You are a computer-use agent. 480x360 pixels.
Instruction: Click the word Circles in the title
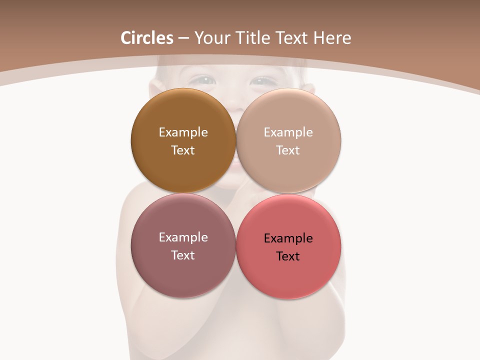tap(147, 38)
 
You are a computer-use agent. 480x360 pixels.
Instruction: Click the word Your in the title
tap(212, 38)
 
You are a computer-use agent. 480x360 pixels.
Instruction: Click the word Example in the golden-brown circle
tap(183, 132)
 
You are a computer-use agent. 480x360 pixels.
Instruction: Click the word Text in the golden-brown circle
tap(183, 150)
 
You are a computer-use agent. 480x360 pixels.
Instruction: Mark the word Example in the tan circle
tap(288, 132)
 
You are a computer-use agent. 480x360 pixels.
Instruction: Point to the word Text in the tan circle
tap(288, 150)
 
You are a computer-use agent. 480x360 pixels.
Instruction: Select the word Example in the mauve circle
tap(183, 237)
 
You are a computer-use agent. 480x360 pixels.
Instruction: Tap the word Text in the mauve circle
tap(183, 255)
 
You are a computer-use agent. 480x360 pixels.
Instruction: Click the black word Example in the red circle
tap(288, 238)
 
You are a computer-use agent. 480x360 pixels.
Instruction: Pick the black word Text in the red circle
tap(288, 256)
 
